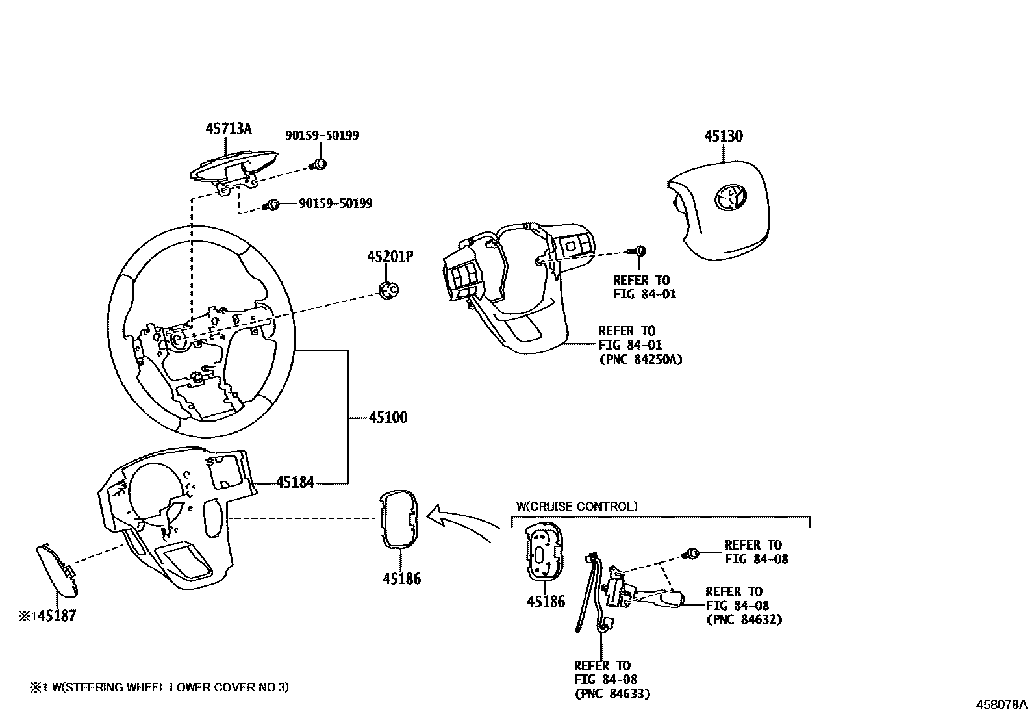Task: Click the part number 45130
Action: [724, 136]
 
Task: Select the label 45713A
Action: [229, 128]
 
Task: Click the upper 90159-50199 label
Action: [322, 136]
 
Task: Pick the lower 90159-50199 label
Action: [335, 203]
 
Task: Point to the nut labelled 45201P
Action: [389, 290]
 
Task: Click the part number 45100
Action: [388, 418]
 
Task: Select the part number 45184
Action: [295, 482]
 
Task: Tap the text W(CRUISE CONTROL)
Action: [577, 506]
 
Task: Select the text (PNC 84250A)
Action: [640, 359]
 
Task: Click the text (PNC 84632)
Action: [744, 619]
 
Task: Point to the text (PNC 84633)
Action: [612, 694]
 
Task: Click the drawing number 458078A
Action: [1000, 704]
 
